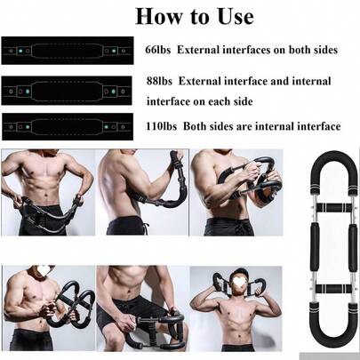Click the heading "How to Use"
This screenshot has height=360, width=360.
click(194, 16)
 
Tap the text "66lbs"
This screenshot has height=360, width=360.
click(158, 49)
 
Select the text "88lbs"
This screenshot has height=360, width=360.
click(158, 81)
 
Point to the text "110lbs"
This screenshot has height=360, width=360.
click(161, 126)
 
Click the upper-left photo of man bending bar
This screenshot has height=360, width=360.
click(45, 192)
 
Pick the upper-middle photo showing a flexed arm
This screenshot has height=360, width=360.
click(140, 192)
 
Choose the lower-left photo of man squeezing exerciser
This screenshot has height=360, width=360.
click(45, 308)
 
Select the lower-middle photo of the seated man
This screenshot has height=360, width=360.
click(140, 308)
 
